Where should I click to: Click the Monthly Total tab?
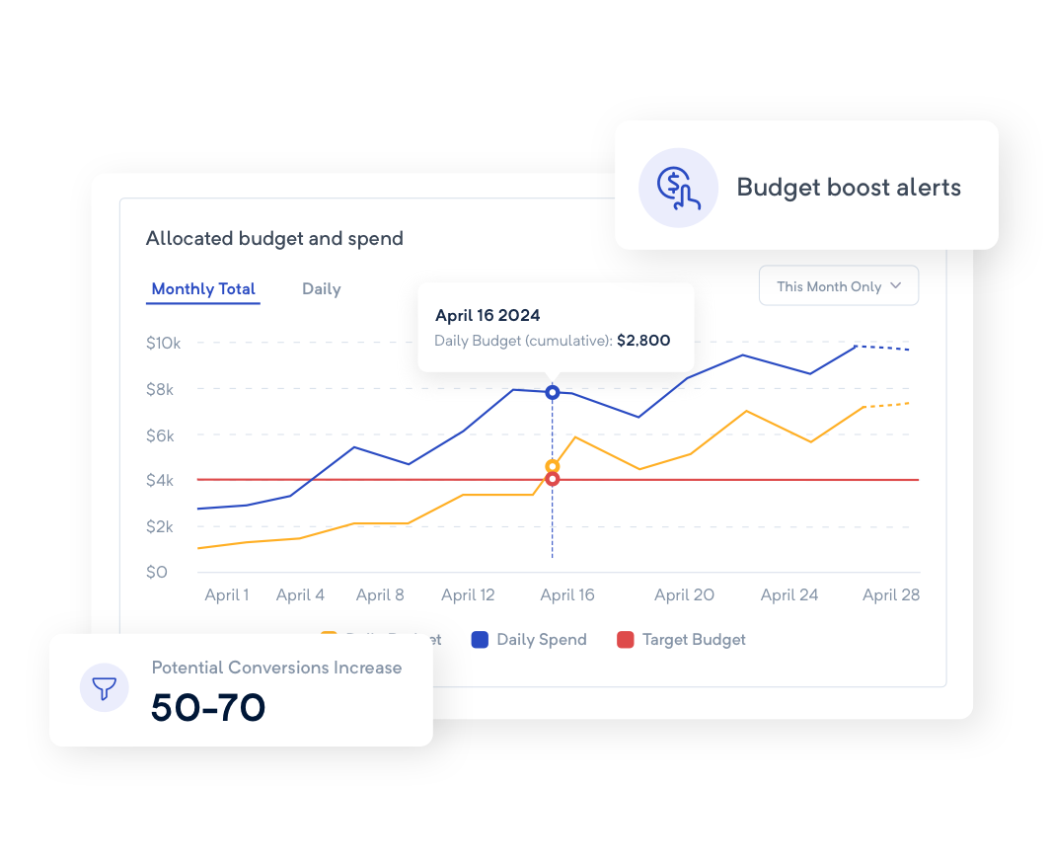pyautogui.click(x=203, y=289)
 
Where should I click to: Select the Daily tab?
pyautogui.click(x=321, y=289)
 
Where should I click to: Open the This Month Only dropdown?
pyautogui.click(x=838, y=286)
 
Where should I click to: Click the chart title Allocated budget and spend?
pyautogui.click(x=274, y=238)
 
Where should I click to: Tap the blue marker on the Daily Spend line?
pyautogui.click(x=553, y=392)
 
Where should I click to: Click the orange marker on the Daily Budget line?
pyautogui.click(x=553, y=466)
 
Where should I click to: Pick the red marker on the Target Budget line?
pyautogui.click(x=553, y=479)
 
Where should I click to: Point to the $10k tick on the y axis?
pyautogui.click(x=163, y=344)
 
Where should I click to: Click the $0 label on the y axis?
pyautogui.click(x=157, y=573)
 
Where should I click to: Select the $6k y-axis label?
pyautogui.click(x=159, y=435)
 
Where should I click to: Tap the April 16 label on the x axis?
pyautogui.click(x=567, y=595)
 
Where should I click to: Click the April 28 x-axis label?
pyautogui.click(x=891, y=595)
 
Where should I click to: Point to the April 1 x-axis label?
pyautogui.click(x=227, y=595)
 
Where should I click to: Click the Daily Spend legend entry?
pyautogui.click(x=530, y=640)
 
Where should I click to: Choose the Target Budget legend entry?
pyautogui.click(x=682, y=640)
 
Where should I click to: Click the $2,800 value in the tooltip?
pyautogui.click(x=643, y=341)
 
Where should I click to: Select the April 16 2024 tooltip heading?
pyautogui.click(x=487, y=316)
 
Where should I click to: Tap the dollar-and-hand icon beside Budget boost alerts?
pyautogui.click(x=678, y=188)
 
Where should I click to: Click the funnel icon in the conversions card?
pyautogui.click(x=105, y=687)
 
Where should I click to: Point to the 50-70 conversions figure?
pyautogui.click(x=208, y=707)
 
